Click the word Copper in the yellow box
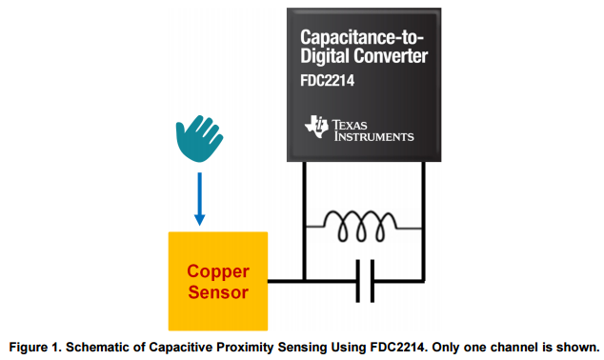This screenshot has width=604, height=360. pos(218,270)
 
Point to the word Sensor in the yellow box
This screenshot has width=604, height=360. pos(218,291)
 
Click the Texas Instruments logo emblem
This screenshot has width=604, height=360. pos(315,126)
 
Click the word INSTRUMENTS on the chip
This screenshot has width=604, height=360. pos(373,136)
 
